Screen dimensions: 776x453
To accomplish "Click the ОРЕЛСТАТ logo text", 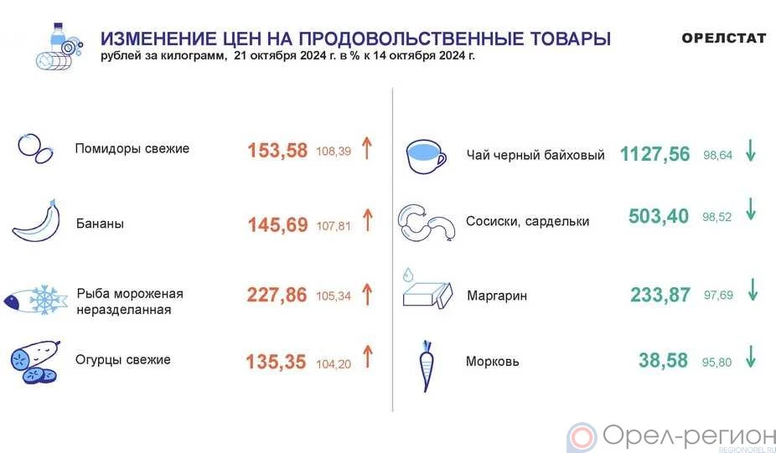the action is coord(723,39).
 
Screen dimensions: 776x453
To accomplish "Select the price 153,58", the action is coord(277,151).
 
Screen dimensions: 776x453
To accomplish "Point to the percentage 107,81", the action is coord(334,226).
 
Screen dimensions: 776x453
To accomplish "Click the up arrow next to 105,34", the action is coord(367,294).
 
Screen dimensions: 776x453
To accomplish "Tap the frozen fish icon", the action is coord(35,299).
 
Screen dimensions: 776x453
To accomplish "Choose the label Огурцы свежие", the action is coord(122,359).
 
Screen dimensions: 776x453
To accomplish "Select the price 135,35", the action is coord(277,362).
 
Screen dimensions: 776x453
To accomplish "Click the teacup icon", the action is coord(426,157).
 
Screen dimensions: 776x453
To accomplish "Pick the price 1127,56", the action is coord(654,154).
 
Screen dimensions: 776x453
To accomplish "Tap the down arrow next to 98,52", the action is coord(751,209).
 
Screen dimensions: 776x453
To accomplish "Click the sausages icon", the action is coord(426,223).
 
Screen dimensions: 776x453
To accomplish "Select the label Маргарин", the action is coord(497,296).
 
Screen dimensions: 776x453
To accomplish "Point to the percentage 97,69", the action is coord(718,296).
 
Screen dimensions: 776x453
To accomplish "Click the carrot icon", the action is coord(426,365).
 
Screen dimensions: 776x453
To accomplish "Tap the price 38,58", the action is coord(663,361).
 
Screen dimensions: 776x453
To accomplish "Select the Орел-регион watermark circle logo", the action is coord(582,438).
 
